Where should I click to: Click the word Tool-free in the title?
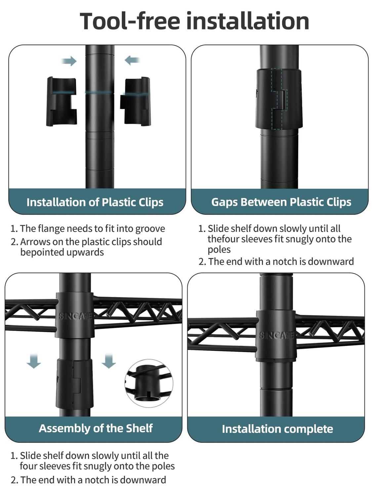point(130,21)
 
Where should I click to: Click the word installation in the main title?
point(248,21)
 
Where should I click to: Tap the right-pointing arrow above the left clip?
point(69,61)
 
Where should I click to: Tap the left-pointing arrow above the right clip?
point(132,60)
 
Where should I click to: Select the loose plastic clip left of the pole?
point(62,101)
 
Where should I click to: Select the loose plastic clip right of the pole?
point(135,101)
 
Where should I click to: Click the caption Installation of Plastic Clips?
point(95,202)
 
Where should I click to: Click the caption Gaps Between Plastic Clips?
point(281,202)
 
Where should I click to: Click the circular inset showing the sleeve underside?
point(149,383)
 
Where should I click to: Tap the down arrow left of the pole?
point(34,361)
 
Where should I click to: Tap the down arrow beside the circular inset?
point(109,361)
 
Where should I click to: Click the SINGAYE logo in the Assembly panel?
point(75,316)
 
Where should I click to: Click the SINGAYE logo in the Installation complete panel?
point(276,335)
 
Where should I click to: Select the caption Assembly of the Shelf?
point(96,428)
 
